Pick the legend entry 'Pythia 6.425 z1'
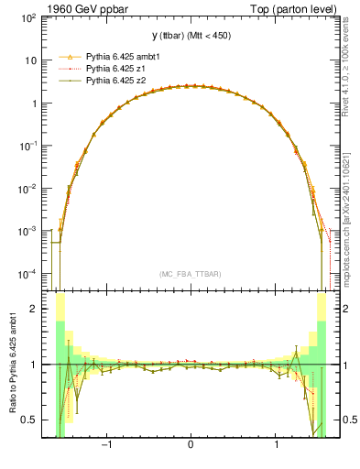click(117, 69)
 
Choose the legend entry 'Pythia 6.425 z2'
click(117, 81)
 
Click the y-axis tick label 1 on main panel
click(37, 104)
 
